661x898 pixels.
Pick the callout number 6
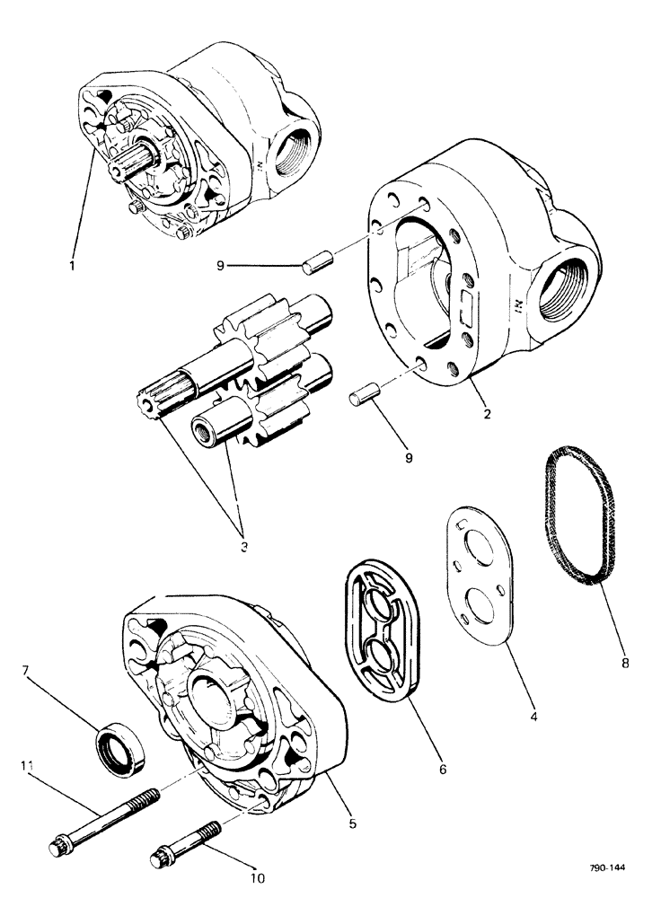tap(442, 769)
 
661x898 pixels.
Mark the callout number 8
tap(626, 665)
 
